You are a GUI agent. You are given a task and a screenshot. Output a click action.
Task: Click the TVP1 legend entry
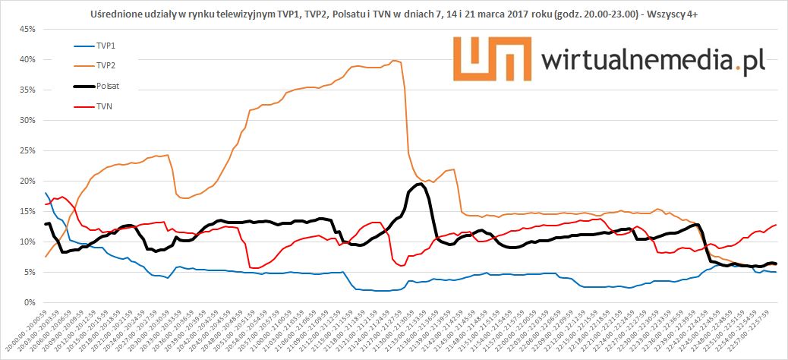[x=105, y=46]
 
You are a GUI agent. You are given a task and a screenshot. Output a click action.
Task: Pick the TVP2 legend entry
[x=105, y=66]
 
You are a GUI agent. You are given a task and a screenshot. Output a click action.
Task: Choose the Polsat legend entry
[x=106, y=87]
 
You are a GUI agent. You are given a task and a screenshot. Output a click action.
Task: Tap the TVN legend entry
[x=103, y=107]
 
